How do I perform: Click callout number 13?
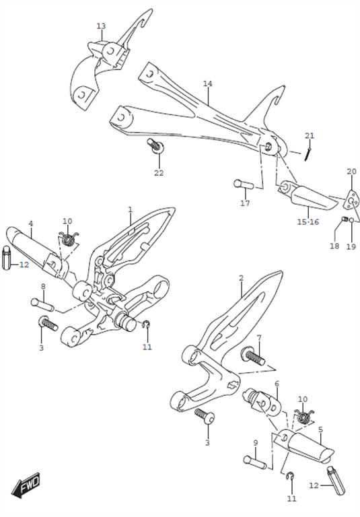(x=101, y=26)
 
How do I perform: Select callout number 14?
(x=208, y=83)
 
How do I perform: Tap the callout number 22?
(x=159, y=173)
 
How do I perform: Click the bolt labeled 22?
(x=155, y=145)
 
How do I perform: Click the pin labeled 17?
(x=244, y=184)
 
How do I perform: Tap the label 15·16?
(x=308, y=222)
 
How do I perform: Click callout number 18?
(x=334, y=246)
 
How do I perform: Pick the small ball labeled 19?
(x=352, y=220)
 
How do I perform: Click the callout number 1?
(x=131, y=210)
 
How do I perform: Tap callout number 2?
(x=242, y=278)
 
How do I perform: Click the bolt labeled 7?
(x=253, y=356)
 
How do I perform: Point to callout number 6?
(x=277, y=384)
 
